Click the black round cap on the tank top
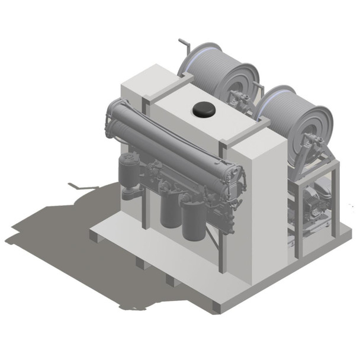pyautogui.click(x=204, y=109)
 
